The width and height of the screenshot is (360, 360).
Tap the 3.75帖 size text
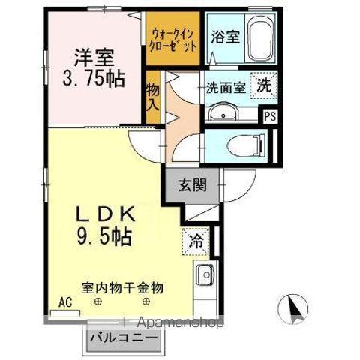(93, 78)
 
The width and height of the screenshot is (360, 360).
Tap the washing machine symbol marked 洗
(265, 85)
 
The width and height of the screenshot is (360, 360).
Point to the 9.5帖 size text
(103, 238)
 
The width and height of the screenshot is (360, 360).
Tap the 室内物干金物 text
(122, 286)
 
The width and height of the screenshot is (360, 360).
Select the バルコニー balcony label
(124, 337)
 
